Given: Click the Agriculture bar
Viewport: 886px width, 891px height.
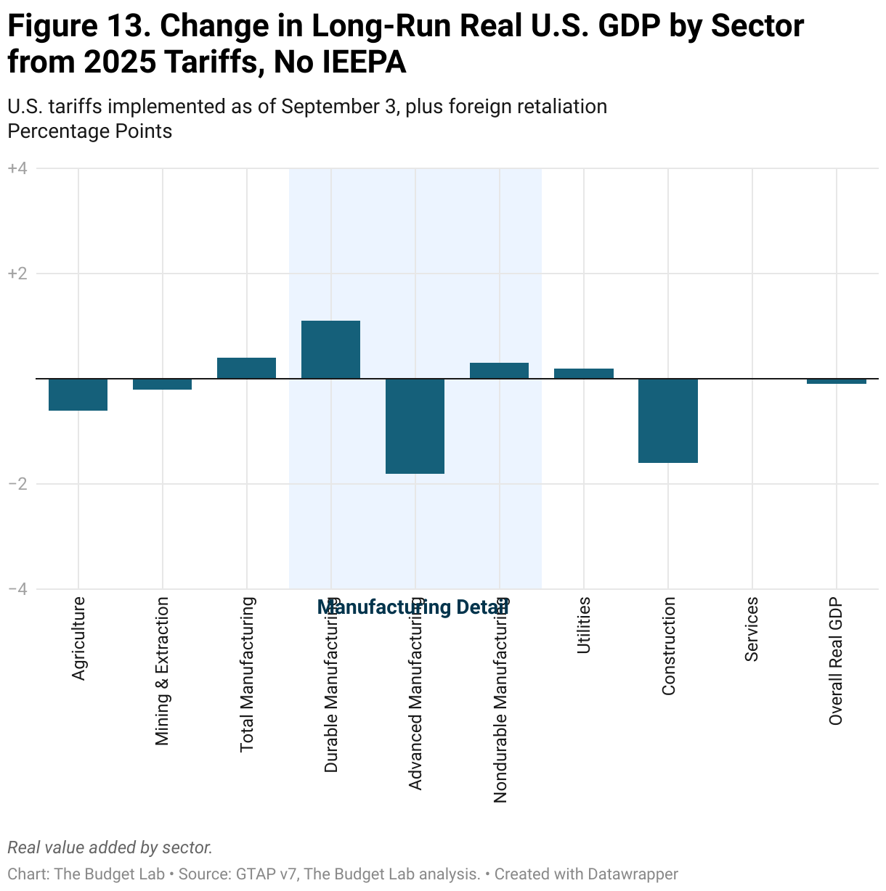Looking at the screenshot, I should tap(78, 395).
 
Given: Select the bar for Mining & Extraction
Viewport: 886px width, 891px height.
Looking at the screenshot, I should tap(162, 385).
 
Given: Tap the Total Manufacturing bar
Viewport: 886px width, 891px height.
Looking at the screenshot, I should tap(246, 368).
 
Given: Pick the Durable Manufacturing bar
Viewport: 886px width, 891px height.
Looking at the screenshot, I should tap(330, 350).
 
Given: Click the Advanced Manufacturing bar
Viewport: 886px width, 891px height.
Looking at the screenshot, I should tap(415, 426).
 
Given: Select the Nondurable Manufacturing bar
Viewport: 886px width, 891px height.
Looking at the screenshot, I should tap(499, 371).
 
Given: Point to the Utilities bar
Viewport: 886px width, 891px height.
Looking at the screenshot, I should tap(583, 374).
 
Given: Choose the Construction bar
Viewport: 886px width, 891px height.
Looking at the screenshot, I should tap(667, 421).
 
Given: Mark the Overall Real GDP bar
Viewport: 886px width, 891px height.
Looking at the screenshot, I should tap(836, 382).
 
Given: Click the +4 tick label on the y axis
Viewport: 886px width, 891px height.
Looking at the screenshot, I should tap(17, 168).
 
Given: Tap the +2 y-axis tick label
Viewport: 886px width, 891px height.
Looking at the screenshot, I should tap(17, 274).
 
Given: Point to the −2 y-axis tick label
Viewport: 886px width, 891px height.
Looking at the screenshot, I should tap(17, 484).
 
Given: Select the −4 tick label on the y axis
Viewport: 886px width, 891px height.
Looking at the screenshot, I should tap(17, 589).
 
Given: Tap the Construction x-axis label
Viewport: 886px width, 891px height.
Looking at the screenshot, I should tap(668, 646).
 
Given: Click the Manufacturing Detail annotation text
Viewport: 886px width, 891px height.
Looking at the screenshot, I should tap(412, 607).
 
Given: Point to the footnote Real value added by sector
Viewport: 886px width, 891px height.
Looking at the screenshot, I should tap(110, 847).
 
